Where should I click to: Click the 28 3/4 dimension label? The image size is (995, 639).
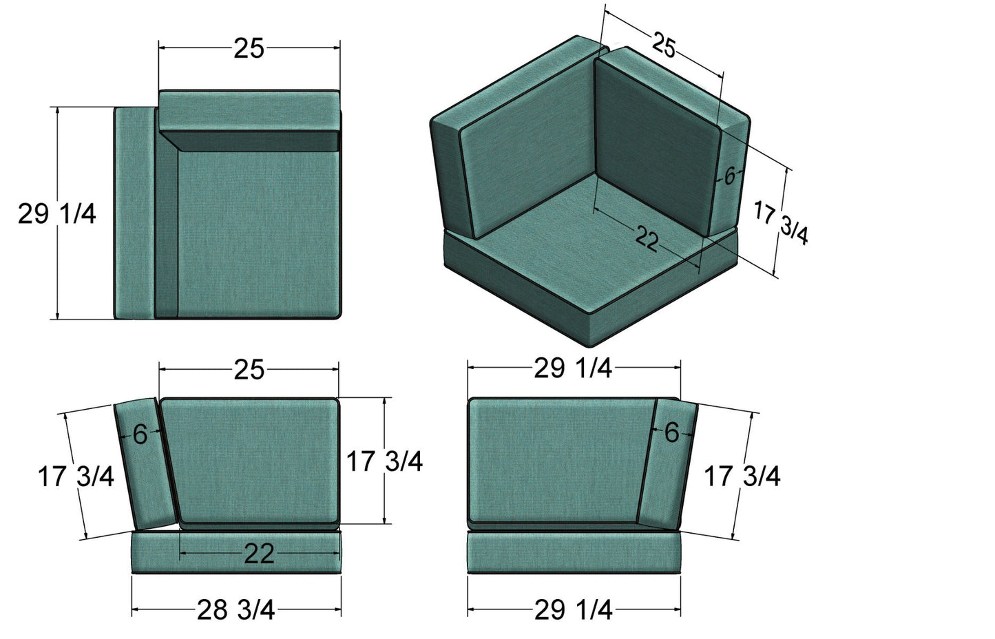pyautogui.click(x=235, y=610)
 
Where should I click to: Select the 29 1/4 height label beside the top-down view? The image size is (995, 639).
pyautogui.click(x=56, y=214)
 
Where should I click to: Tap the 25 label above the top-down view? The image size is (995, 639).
pyautogui.click(x=249, y=48)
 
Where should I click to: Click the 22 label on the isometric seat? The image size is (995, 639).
pyautogui.click(x=647, y=239)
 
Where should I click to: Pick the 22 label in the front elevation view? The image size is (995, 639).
pyautogui.click(x=259, y=554)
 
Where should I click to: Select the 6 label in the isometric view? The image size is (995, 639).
pyautogui.click(x=729, y=176)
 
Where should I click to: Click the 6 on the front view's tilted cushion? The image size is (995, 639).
pyautogui.click(x=140, y=434)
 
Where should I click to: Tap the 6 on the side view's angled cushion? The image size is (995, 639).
pyautogui.click(x=671, y=432)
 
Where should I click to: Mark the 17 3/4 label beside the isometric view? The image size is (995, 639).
pyautogui.click(x=781, y=222)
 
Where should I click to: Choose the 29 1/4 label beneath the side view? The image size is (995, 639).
pyautogui.click(x=573, y=610)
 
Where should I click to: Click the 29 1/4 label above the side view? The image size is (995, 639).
pyautogui.click(x=573, y=369)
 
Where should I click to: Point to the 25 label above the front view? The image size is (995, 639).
pyautogui.click(x=249, y=370)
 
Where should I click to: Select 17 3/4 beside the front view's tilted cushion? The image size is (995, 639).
pyautogui.click(x=76, y=476)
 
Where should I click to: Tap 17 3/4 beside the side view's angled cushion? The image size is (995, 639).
pyautogui.click(x=742, y=476)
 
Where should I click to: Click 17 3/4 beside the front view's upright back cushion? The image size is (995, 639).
pyautogui.click(x=384, y=461)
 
